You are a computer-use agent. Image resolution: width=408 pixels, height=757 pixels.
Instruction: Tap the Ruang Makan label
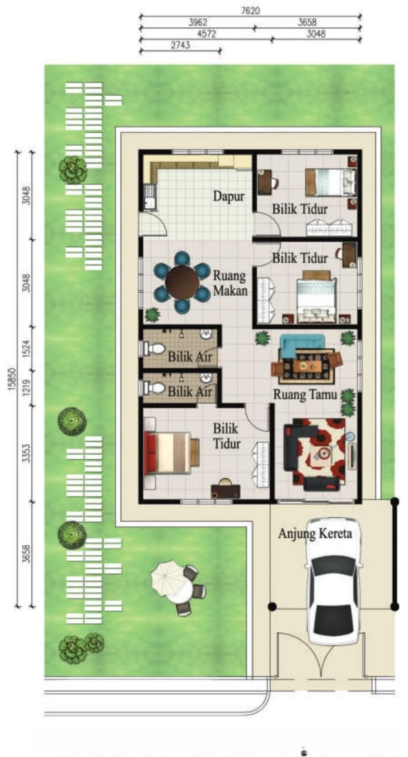230,284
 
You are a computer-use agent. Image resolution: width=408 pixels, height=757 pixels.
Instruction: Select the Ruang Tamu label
304,395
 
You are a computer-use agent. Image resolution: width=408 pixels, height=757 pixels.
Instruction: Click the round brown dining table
182,282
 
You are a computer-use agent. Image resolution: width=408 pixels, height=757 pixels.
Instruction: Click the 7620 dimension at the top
251,10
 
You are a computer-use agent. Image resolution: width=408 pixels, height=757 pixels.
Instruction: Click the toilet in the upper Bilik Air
154,348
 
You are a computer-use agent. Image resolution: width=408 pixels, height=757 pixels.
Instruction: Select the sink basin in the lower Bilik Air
206,378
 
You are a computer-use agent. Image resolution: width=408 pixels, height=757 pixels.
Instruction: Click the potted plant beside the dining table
152,315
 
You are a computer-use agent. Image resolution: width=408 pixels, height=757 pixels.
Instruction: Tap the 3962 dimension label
197,22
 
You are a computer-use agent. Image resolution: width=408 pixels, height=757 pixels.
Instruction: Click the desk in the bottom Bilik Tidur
225,490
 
